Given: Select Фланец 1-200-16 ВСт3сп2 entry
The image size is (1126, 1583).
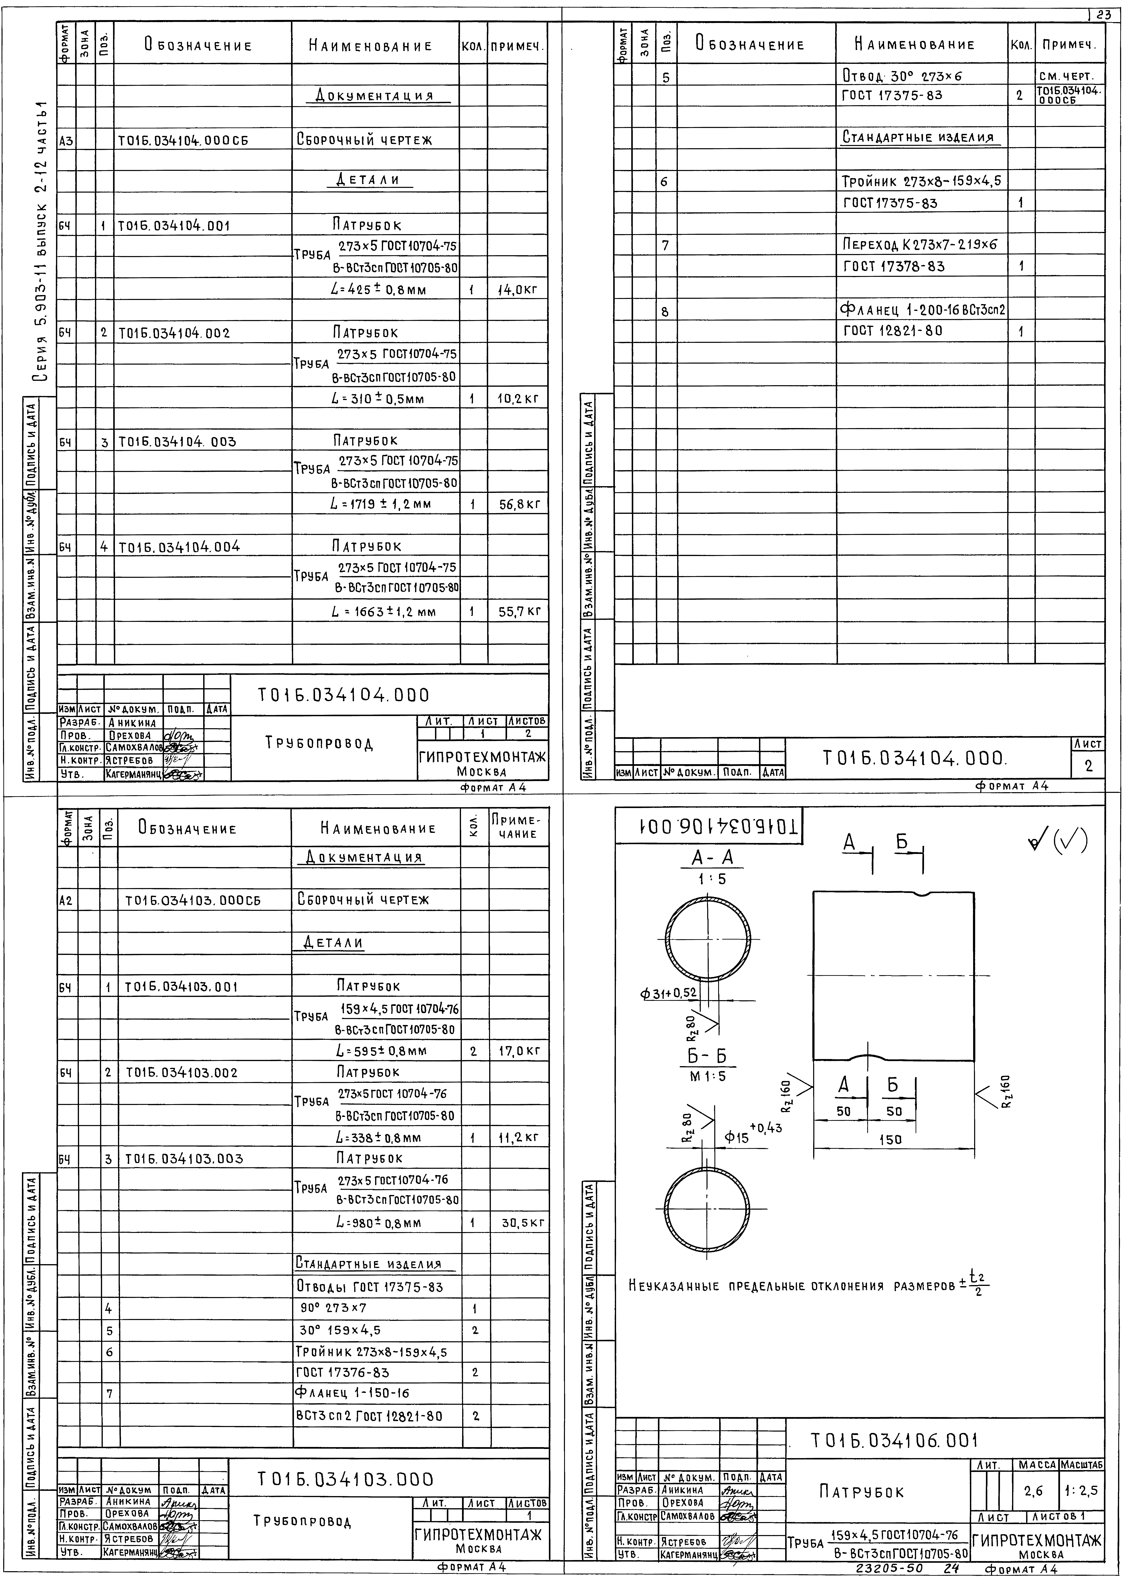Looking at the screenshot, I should click(x=922, y=309).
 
